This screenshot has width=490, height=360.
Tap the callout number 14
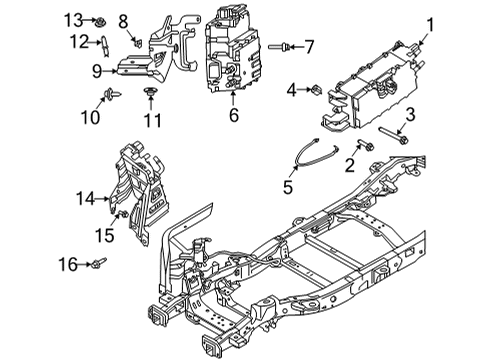[x=84, y=198]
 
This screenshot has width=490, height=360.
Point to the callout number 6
[x=233, y=115]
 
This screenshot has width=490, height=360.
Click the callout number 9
[x=97, y=70]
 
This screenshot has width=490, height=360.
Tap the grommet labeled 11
[x=150, y=93]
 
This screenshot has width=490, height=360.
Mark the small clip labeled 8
[x=137, y=42]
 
